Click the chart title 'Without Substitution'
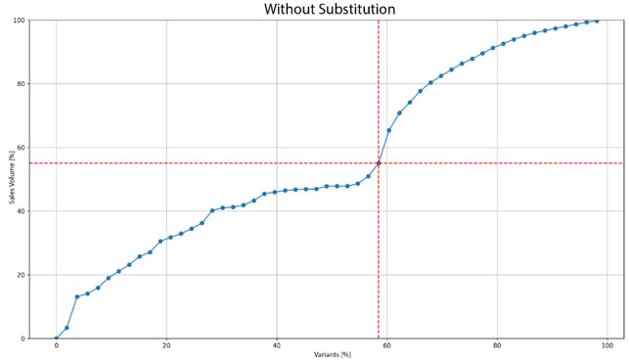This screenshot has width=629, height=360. coord(329,9)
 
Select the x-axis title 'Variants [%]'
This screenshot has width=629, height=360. coord(333,354)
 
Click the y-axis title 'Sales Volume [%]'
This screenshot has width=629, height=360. coord(13,177)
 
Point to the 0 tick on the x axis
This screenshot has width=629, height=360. coord(56,345)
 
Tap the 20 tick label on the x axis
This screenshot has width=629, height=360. coord(166,345)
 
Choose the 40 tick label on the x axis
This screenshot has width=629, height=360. coord(277,345)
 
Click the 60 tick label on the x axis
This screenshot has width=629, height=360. coord(387,345)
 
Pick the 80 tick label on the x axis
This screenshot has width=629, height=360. coord(498,345)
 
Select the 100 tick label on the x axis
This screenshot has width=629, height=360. coord(608,345)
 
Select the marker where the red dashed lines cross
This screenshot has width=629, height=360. coord(379,163)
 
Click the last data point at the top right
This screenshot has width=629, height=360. coord(597,21)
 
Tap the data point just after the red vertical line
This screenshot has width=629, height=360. coord(389,130)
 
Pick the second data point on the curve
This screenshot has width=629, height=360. coord(67,328)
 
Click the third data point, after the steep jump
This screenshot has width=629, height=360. coord(77,297)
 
